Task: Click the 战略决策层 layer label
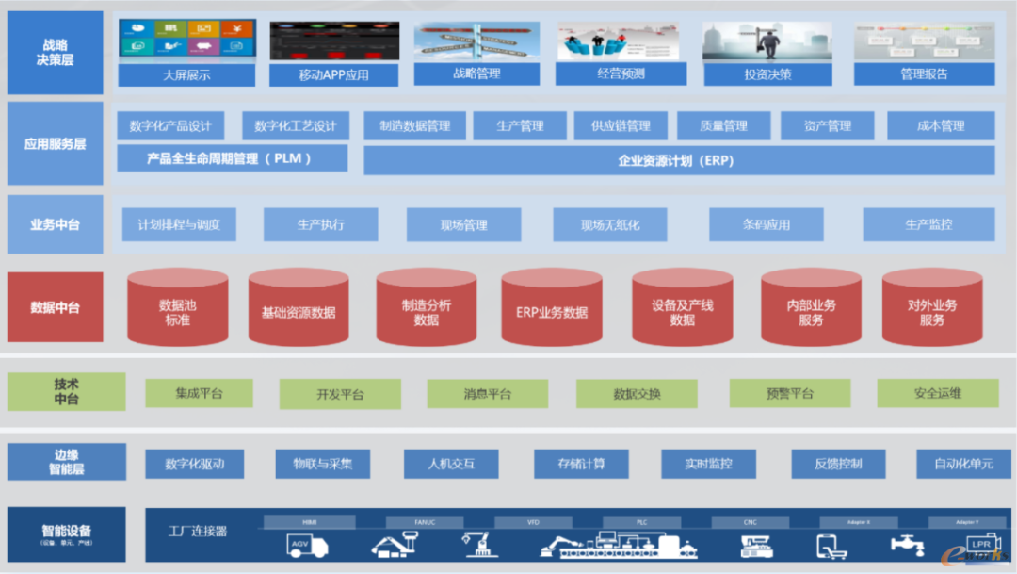[56, 53]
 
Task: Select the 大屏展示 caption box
[186, 74]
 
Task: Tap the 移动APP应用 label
[334, 74]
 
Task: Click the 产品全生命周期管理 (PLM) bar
[232, 158]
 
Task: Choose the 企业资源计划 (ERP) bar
[678, 160]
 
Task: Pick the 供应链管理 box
[621, 125]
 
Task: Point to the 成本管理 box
[939, 125]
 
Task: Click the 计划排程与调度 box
[179, 225]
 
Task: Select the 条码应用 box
[766, 225]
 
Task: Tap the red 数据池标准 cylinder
[177, 310]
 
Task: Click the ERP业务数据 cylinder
[551, 312]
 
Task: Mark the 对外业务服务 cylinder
[931, 310]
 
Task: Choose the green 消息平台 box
[487, 394]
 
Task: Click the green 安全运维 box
[937, 394]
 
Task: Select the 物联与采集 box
[322, 464]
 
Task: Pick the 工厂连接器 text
[197, 532]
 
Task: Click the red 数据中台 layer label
[55, 307]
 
